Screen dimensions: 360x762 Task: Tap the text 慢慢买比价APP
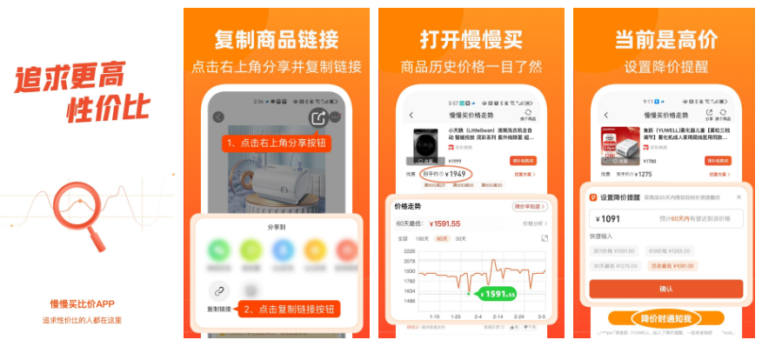pos(82,303)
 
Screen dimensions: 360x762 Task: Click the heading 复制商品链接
pos(277,40)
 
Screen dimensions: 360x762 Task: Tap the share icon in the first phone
pos(316,117)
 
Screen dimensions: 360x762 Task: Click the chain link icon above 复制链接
pos(219,290)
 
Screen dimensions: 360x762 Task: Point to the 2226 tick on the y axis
pos(410,252)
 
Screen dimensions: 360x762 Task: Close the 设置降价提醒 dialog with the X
pos(739,197)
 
